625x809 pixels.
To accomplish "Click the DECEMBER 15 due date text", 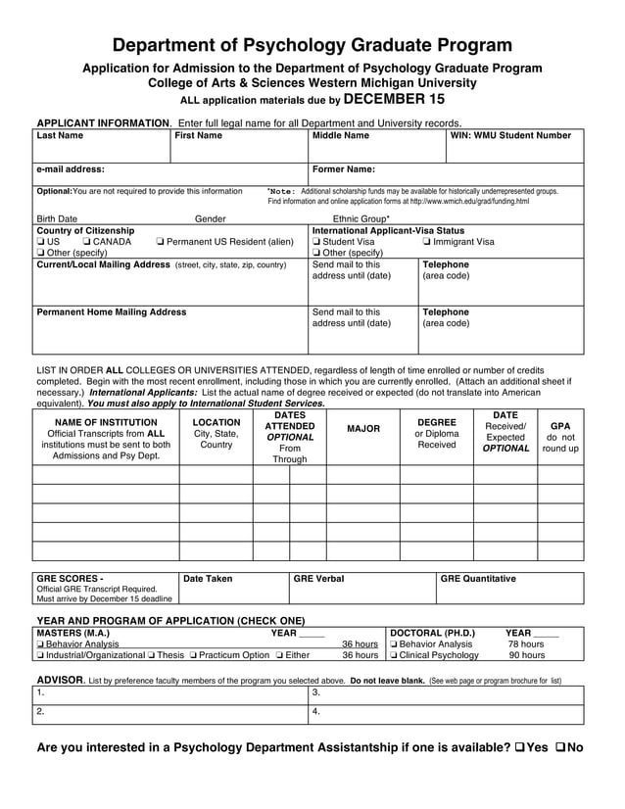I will [394, 100].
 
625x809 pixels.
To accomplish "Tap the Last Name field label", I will [60, 136].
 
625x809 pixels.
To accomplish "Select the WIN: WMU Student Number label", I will [510, 136].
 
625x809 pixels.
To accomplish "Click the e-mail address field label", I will [71, 168].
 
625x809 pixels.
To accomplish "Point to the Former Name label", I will [343, 168].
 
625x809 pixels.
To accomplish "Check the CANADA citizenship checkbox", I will [88, 242].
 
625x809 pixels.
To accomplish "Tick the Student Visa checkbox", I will [316, 242].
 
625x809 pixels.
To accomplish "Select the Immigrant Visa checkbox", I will [427, 242].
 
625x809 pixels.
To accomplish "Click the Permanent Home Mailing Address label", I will [111, 312].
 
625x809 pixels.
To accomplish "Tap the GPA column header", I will [560, 427].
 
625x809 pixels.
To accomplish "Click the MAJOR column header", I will [363, 429].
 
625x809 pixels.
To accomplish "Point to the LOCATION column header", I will [216, 422].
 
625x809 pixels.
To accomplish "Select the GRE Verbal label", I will [319, 579].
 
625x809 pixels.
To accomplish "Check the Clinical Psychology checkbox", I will [394, 655].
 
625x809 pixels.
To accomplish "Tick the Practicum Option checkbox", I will [193, 655].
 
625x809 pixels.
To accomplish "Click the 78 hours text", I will [526, 644].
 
